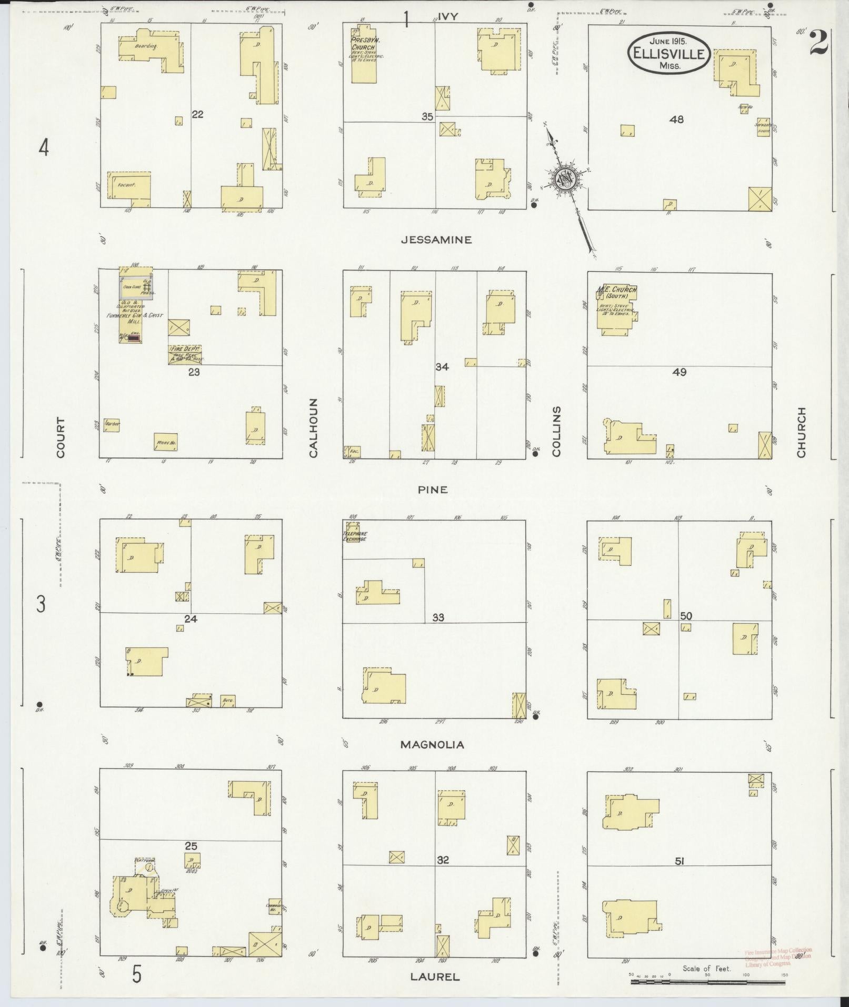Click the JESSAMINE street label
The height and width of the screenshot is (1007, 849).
point(436,240)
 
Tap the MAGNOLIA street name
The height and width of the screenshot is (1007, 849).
point(432,744)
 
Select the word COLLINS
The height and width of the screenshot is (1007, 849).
point(557,431)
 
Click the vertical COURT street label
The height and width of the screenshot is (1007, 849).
point(61,437)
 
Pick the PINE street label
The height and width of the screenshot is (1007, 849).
point(433,490)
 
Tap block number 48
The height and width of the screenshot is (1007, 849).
point(676,119)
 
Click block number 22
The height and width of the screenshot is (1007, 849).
point(197,114)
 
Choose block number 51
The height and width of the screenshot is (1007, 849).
point(680,861)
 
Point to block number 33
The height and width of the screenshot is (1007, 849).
point(438,617)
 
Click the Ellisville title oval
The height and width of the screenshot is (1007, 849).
point(669,53)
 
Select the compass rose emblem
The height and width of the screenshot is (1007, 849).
point(564,180)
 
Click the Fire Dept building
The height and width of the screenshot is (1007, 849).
point(185,354)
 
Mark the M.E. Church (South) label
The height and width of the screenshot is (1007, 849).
point(616,292)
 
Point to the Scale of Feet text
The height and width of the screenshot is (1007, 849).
point(706,968)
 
